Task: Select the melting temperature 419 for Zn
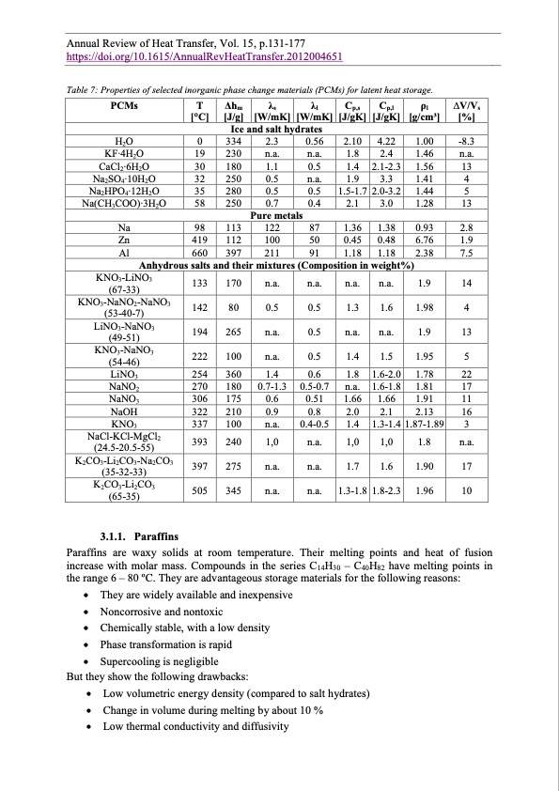tap(199, 241)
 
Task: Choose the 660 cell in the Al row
tap(199, 255)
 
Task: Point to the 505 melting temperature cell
tap(199, 489)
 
